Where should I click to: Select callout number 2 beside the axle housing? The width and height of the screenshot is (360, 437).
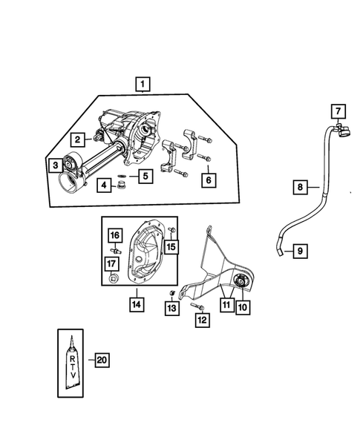coord(76,139)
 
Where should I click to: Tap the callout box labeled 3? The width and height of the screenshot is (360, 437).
coord(54,165)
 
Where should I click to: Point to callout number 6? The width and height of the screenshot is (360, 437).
coord(209,179)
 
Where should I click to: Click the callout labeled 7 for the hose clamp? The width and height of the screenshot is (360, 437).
coord(338,111)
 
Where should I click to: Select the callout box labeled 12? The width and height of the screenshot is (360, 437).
coord(201,321)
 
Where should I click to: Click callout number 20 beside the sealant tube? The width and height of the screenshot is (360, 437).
coord(102,361)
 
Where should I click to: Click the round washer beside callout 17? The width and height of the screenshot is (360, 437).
coord(111,280)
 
